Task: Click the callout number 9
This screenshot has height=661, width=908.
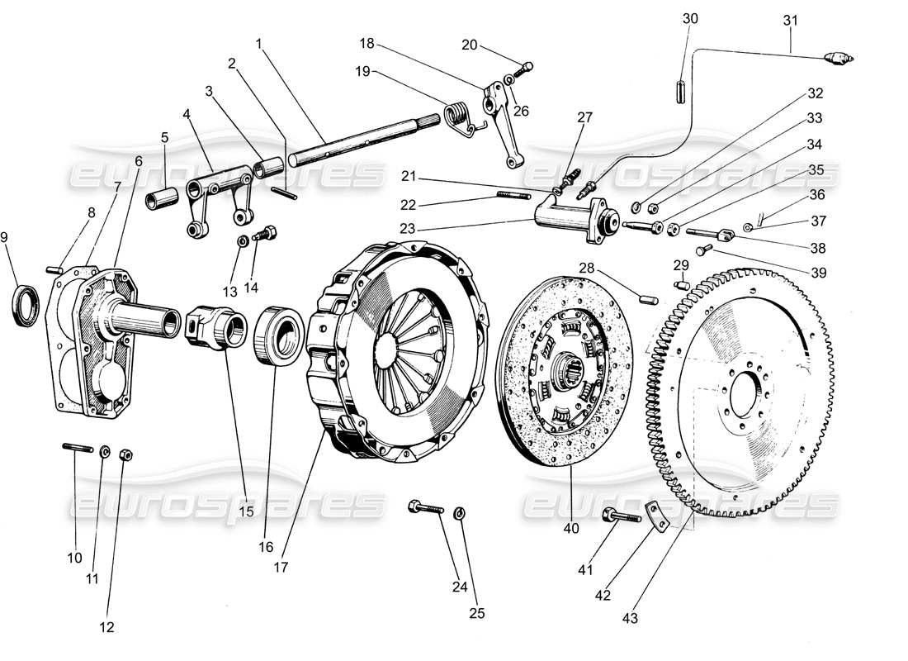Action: (x=7, y=237)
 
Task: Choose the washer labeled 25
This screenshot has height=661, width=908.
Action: (x=460, y=514)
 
